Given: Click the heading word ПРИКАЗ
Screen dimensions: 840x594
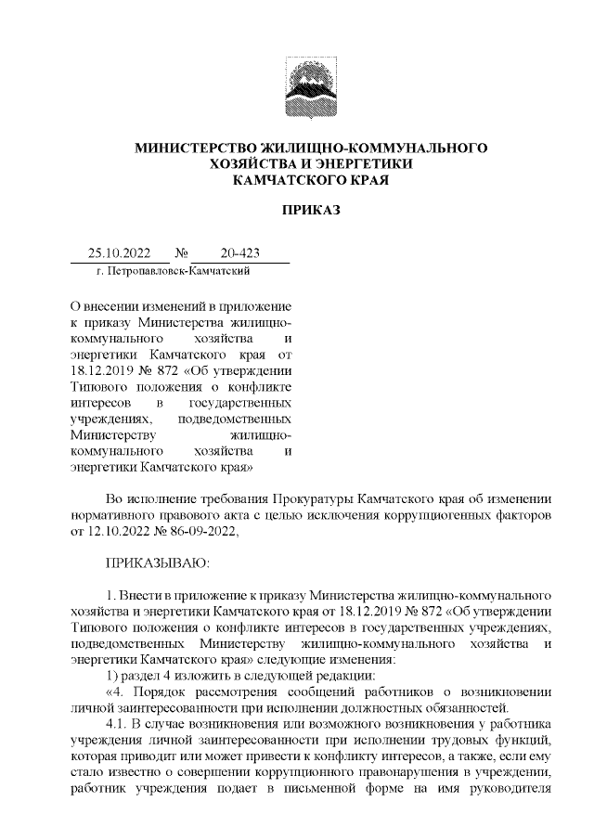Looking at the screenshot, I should (x=311, y=211).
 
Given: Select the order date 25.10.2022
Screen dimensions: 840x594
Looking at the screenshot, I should (x=113, y=252).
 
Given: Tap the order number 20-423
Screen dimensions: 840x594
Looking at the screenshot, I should (x=239, y=252).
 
